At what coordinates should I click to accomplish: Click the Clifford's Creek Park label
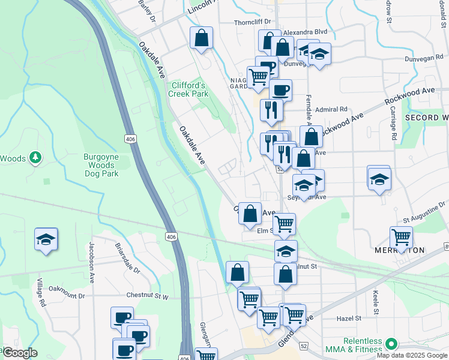coord(188,89)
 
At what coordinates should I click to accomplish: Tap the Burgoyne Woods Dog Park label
coord(101,165)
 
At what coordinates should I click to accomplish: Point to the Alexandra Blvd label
coord(305,32)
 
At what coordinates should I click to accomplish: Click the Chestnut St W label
coord(148,296)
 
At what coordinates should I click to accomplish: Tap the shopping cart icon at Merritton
coord(400,237)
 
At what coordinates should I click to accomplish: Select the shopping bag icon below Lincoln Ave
coord(201,38)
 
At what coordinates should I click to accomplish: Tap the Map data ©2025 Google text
coord(412,355)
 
